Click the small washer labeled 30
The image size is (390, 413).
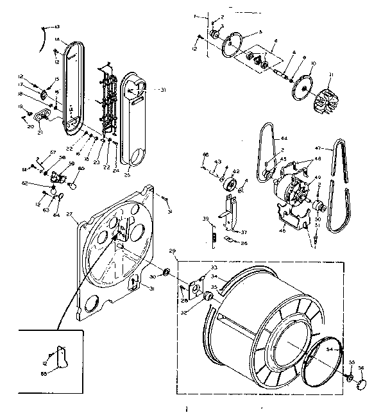click(x=165, y=274)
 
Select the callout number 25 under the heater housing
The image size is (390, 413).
click(x=126, y=174)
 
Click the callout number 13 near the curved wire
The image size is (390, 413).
click(x=57, y=26)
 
